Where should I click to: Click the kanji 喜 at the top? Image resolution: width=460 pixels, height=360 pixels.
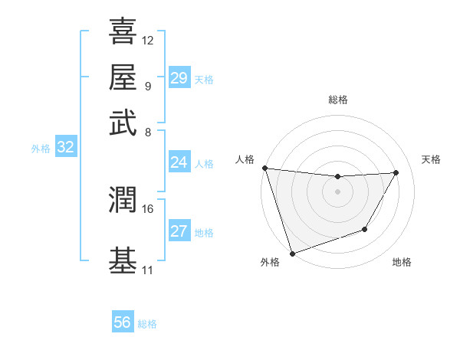tap(123, 31)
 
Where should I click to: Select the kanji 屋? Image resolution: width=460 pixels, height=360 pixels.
tap(123, 77)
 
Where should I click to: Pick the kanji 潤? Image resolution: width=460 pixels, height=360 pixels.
tap(123, 201)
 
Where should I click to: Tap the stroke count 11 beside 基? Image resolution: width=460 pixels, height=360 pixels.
tap(148, 270)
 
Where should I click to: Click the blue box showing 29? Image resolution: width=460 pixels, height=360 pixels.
tap(179, 78)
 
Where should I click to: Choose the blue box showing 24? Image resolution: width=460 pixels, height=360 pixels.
tap(179, 162)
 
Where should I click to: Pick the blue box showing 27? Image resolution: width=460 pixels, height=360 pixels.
tap(179, 231)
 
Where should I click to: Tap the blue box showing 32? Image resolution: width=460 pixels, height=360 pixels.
tap(65, 148)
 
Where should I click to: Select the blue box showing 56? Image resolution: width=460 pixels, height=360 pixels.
tap(122, 322)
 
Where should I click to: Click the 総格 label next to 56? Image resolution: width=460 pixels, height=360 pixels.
tap(147, 324)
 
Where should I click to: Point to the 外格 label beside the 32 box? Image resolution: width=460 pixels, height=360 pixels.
tap(41, 149)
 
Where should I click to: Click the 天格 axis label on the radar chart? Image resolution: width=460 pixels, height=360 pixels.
tap(432, 159)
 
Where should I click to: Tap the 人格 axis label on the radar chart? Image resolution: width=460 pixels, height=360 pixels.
tap(245, 159)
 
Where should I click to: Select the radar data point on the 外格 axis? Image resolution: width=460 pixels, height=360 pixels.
tap(292, 253)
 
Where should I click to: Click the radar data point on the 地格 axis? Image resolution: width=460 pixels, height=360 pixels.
tap(365, 229)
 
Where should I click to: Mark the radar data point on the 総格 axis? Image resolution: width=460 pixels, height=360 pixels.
tap(337, 177)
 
